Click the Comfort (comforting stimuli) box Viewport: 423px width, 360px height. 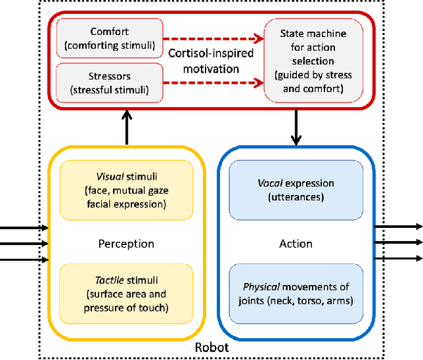[x=109, y=38]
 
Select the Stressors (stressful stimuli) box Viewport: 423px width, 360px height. [x=109, y=83]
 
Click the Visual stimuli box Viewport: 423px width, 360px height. [x=126, y=190]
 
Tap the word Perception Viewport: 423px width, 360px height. [x=126, y=244]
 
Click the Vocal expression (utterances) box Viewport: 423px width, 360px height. [x=296, y=190]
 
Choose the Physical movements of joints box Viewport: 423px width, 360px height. [x=296, y=294]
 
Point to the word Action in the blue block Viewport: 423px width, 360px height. [x=296, y=244]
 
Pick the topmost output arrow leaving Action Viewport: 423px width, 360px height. [x=399, y=227]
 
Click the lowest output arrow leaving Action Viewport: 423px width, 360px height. [x=399, y=258]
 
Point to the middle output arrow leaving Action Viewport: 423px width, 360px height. [x=399, y=242]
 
